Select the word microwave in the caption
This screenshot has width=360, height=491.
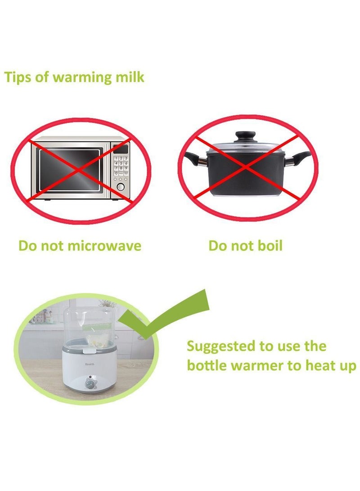tap(104, 246)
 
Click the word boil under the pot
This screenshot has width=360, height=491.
tap(270, 246)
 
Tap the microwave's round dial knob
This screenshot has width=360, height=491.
tap(121, 187)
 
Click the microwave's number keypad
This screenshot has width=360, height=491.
tap(121, 166)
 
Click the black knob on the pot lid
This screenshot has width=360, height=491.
tap(246, 137)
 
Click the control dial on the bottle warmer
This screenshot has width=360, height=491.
tap(90, 383)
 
